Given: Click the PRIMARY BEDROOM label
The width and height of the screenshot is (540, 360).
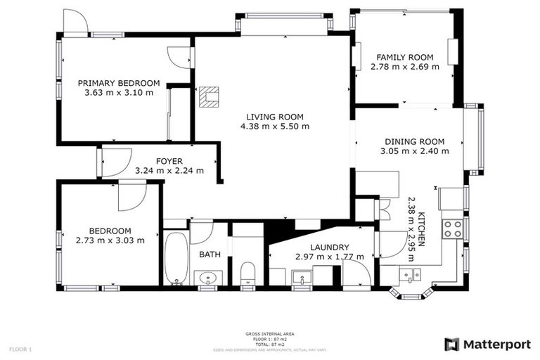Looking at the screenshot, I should pyautogui.click(x=118, y=83).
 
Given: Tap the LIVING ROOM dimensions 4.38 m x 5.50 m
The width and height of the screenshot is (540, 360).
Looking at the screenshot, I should pyautogui.click(x=274, y=127).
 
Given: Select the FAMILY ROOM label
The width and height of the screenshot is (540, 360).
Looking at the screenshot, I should pyautogui.click(x=404, y=58).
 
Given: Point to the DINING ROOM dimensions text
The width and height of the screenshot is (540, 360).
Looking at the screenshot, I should pyautogui.click(x=414, y=150).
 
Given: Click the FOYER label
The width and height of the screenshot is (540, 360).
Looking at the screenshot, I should pyautogui.click(x=169, y=160).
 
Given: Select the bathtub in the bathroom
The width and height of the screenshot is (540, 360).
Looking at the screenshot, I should pyautogui.click(x=176, y=257).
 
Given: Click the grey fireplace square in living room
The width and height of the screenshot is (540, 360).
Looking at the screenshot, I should pyautogui.click(x=209, y=96).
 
